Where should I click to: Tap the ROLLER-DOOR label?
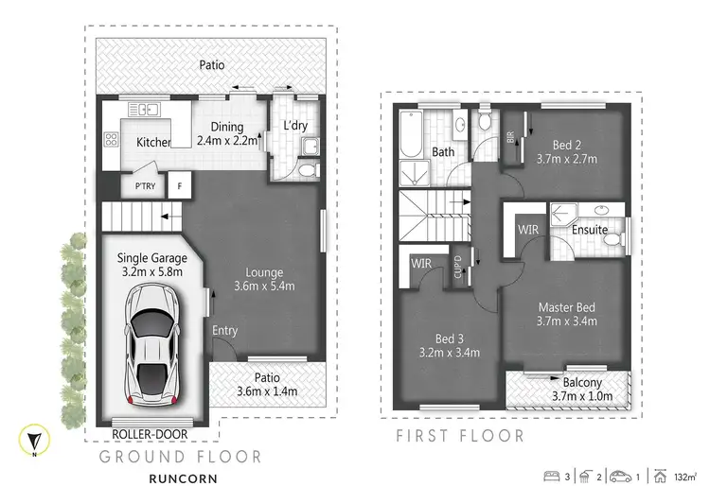click(150, 435)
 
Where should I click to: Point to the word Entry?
click(225, 330)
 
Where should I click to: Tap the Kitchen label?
click(154, 143)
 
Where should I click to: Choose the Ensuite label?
click(590, 230)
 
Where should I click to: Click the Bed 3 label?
click(450, 345)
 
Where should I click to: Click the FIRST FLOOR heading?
click(459, 436)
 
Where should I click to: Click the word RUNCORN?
click(183, 477)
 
